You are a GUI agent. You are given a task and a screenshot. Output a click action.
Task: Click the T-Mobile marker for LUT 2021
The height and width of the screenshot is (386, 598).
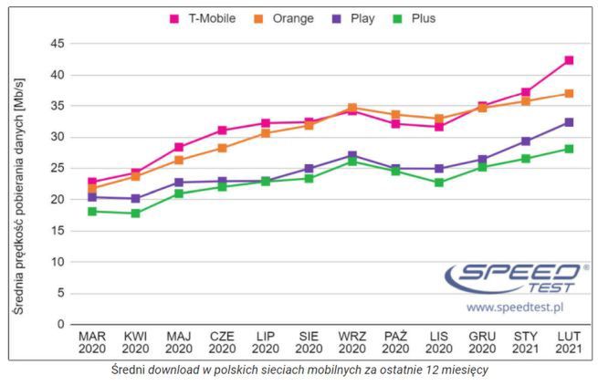tap(569, 60)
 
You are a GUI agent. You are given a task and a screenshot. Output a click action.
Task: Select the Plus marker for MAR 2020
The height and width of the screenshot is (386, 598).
tap(92, 211)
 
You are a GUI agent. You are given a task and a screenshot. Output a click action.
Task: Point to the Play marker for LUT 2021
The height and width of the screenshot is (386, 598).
tap(569, 122)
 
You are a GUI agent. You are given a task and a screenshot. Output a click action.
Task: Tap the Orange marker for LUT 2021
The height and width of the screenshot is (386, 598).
tap(569, 93)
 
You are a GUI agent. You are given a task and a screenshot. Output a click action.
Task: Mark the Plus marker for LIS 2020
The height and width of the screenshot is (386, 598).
tap(439, 183)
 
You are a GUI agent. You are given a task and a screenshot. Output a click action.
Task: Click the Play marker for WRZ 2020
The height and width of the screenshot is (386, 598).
tap(352, 155)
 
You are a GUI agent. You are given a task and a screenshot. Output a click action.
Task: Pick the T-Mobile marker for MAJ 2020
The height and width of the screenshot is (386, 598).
tap(179, 147)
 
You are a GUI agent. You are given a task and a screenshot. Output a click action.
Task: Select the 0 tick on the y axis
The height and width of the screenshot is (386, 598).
tap(60, 324)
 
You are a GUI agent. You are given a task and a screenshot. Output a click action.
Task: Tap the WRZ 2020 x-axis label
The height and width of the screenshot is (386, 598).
tap(352, 342)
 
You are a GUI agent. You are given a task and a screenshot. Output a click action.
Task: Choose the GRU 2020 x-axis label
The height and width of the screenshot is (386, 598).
tap(482, 342)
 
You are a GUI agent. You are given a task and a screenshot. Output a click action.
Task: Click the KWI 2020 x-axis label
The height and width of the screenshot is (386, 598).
tap(135, 342)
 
